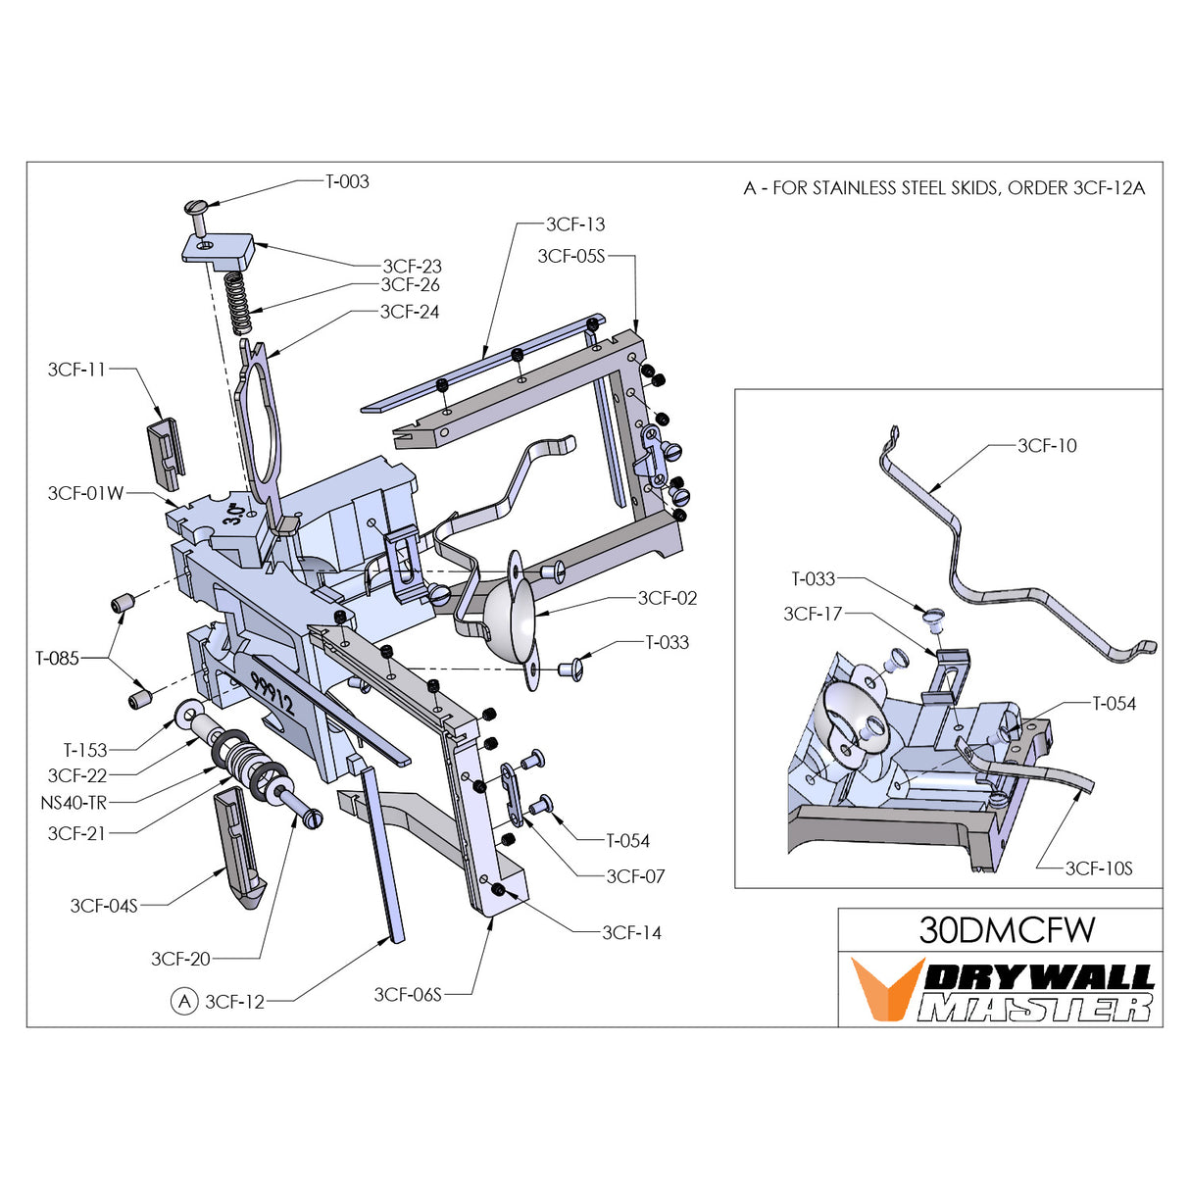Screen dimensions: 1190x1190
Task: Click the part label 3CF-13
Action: tap(575, 224)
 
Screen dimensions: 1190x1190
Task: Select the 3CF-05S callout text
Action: tap(571, 256)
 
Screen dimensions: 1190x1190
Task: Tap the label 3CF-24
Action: tap(410, 312)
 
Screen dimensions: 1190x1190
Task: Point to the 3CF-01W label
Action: tap(85, 493)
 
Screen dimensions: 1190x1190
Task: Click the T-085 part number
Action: tap(57, 659)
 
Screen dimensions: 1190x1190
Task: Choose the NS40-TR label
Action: tap(73, 803)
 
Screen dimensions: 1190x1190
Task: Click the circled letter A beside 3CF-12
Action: tap(184, 1002)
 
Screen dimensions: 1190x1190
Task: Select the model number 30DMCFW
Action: tap(1007, 930)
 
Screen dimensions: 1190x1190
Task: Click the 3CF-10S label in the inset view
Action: tap(1099, 868)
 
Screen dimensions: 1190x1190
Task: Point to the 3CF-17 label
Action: tap(813, 614)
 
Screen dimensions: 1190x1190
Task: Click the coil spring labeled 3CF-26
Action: tap(239, 304)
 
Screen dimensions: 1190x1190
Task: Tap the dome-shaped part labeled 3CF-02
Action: tap(510, 613)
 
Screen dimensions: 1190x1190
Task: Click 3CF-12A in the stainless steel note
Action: tap(1109, 188)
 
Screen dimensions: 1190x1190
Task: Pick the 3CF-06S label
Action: tap(408, 995)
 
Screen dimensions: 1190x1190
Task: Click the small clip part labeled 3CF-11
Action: tap(166, 454)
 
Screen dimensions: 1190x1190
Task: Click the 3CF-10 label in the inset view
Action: tap(1047, 446)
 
